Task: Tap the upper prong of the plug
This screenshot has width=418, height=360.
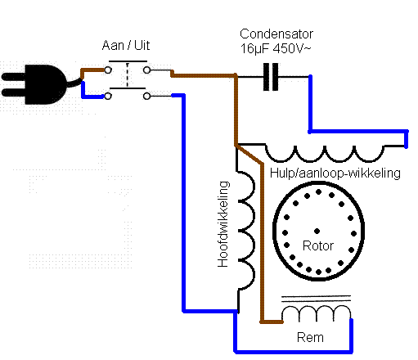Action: pos(14,77)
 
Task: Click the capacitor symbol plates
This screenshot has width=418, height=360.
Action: pos(271,77)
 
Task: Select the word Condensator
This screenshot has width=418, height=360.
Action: pos(276,34)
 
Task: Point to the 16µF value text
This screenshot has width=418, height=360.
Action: pos(254,49)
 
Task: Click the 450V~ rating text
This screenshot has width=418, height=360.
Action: pos(292,48)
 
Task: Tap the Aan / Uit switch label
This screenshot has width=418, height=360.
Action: pos(126,45)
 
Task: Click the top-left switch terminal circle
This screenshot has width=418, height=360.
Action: pos(108,70)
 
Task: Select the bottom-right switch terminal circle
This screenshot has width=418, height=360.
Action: pos(146,96)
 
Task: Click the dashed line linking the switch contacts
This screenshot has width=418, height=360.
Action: pos(128,74)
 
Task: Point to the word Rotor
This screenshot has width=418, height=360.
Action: pos(318,245)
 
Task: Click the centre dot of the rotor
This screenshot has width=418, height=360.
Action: pos(317,232)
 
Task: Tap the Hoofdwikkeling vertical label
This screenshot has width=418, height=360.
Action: pos(223,224)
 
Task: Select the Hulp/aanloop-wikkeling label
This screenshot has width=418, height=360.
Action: pos(335,173)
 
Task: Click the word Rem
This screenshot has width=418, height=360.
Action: pos(310,338)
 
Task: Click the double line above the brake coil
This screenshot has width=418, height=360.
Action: pos(316,299)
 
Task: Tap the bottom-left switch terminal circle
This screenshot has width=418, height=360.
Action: pos(108,96)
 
